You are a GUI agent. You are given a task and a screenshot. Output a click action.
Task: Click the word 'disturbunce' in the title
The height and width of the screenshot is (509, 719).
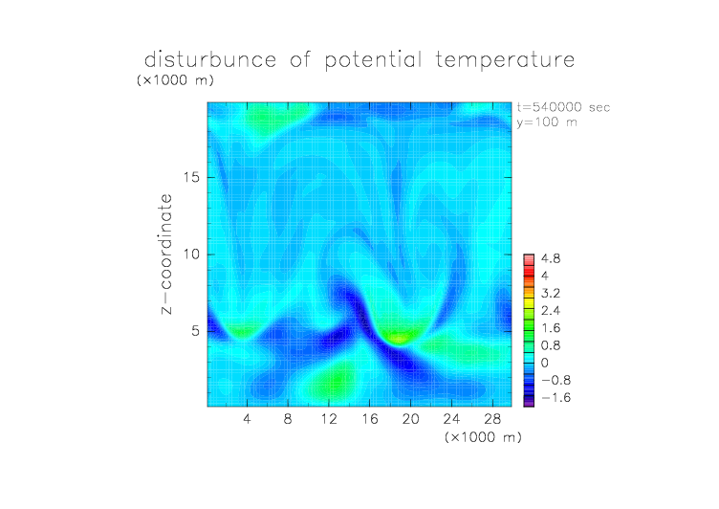[210, 59]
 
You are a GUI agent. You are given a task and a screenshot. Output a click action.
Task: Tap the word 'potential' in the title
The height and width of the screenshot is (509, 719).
[373, 60]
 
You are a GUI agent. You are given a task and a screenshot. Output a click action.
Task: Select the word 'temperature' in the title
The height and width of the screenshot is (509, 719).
[506, 59]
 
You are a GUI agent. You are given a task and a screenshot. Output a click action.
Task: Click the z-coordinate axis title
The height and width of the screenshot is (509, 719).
[166, 254]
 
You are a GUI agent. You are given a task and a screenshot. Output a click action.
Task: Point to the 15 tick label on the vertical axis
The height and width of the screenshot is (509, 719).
[191, 177]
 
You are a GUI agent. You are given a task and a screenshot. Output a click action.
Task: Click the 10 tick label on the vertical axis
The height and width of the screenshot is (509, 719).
[191, 254]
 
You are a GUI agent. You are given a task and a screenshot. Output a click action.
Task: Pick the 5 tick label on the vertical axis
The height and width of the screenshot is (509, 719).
[196, 331]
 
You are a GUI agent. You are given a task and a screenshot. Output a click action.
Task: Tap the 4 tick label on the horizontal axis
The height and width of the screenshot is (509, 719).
[247, 418]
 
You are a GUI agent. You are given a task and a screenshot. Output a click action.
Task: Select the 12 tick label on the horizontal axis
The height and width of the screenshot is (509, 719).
[329, 418]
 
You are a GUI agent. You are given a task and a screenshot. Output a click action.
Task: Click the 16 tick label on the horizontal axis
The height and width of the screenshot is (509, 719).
[370, 418]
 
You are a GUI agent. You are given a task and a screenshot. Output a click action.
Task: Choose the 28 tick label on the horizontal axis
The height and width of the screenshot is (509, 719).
[492, 418]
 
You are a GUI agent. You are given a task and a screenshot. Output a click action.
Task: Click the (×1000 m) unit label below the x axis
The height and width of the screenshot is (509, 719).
[483, 437]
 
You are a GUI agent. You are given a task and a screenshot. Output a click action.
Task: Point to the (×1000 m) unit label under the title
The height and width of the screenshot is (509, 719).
[175, 79]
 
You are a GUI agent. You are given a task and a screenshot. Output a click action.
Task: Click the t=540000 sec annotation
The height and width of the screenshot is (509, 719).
[563, 107]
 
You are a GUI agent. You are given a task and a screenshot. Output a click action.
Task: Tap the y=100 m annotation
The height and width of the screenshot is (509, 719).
[547, 122]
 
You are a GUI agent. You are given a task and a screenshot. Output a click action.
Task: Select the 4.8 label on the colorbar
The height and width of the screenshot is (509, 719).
[551, 259]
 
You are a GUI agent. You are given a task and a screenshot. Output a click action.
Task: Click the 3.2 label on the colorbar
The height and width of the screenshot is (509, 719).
[551, 294]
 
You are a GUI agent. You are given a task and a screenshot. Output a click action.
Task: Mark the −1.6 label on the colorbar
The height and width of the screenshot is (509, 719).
[556, 397]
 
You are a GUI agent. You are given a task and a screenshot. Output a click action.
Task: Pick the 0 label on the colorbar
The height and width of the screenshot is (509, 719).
[544, 363]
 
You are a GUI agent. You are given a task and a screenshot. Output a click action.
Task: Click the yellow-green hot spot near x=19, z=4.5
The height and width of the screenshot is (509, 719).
[398, 339]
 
